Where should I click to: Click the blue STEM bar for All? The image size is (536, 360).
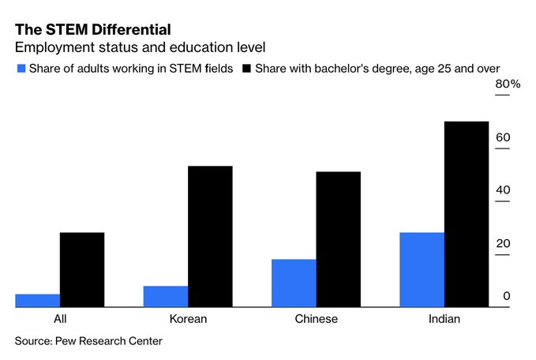pos(37,301)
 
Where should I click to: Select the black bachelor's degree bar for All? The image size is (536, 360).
pos(82,270)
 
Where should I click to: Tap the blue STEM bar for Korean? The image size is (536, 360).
pos(166,297)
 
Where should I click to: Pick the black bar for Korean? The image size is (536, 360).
pos(210,237)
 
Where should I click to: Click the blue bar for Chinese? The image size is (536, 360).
pos(294,283)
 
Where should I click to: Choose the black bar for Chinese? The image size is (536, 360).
pos(338,240)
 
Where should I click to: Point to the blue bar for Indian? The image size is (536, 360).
pos(422,270)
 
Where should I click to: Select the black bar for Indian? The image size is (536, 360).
pos(467,215)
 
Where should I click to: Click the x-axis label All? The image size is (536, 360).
pos(60,320)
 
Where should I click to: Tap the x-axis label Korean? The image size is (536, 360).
pos(188,320)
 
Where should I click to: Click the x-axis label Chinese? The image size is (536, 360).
pos(316,320)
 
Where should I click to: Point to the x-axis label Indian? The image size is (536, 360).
pos(444,320)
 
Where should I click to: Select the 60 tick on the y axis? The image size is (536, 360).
pos(503,138)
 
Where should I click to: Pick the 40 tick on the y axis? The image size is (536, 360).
pos(503,191)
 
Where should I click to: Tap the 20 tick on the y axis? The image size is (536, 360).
pos(503,244)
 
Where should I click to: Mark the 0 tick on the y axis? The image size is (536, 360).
pos(507,297)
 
